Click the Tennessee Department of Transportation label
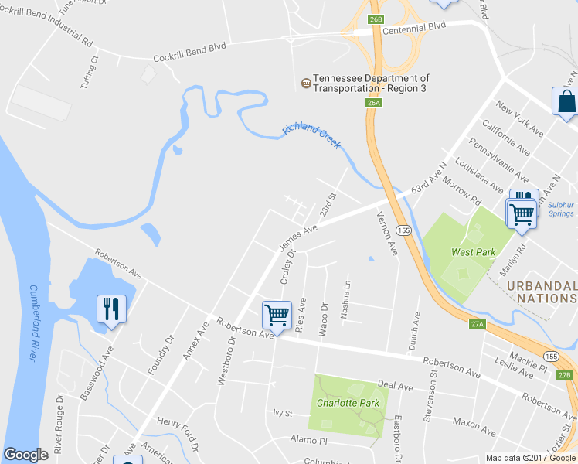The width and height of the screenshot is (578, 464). [371, 84]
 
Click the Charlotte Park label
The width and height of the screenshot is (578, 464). [348, 402]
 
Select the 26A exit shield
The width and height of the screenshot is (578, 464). [374, 102]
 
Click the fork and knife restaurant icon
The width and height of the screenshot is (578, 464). [111, 309]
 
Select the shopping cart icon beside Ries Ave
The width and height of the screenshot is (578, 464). [277, 314]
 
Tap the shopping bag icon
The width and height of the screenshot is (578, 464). [566, 102]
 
